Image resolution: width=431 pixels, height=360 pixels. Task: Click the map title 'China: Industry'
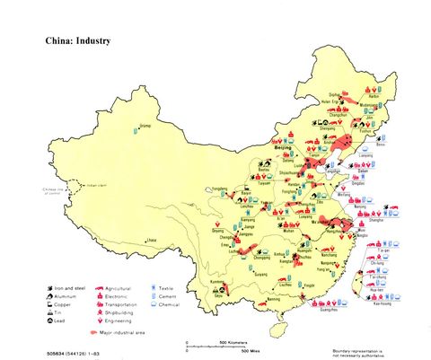78,40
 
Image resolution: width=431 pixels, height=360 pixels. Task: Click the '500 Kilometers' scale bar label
235,343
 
